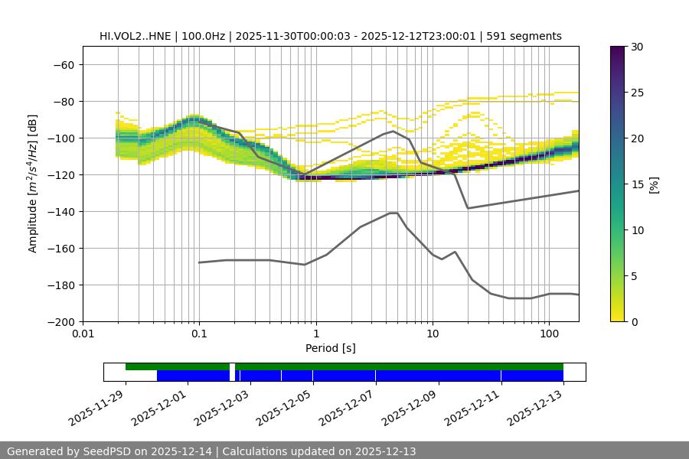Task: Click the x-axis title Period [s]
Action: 330,348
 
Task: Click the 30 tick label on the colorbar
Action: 637,47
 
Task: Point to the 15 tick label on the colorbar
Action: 637,184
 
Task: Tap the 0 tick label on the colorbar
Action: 634,321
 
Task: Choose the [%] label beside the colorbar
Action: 653,184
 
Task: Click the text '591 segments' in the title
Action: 529,36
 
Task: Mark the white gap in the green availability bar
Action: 232,366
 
